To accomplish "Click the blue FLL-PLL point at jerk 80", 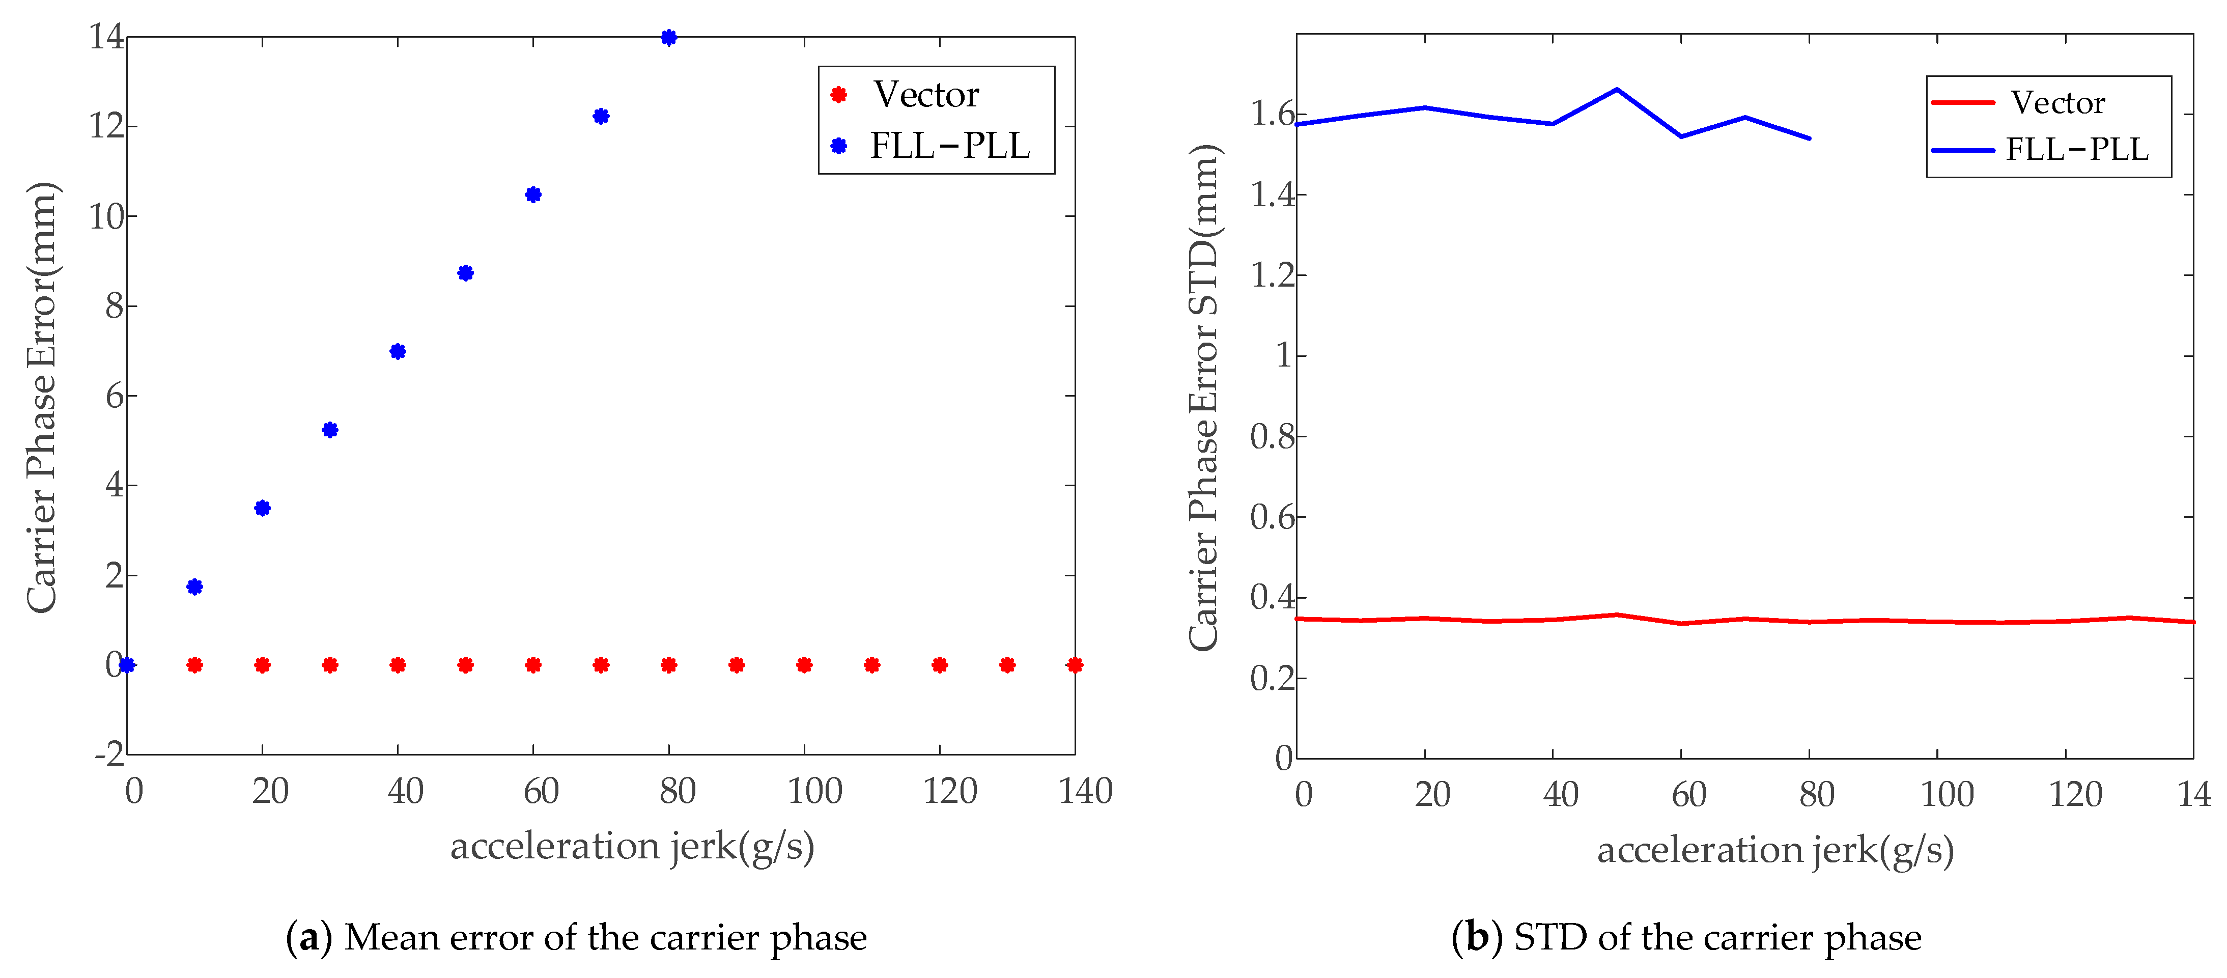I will [x=668, y=37].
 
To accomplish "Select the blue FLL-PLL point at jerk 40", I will [x=398, y=351].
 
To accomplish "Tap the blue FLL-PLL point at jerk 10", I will [x=194, y=586].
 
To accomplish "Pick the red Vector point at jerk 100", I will [x=804, y=665].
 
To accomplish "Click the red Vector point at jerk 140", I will [x=1075, y=665].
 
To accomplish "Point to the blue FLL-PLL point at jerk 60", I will [x=533, y=194].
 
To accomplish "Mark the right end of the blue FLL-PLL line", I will [x=1810, y=138].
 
